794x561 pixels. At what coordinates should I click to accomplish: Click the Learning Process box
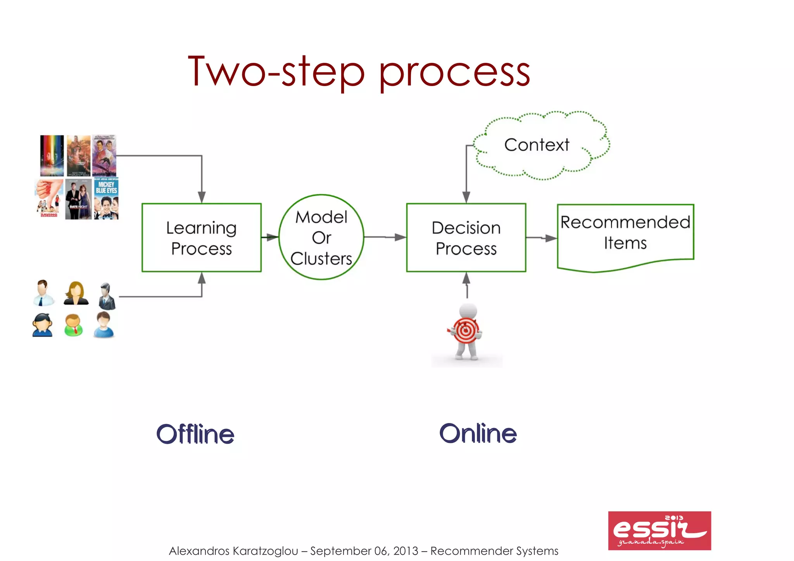click(201, 237)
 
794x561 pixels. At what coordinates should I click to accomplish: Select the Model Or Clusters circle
click(321, 237)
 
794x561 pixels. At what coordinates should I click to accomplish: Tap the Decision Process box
click(466, 237)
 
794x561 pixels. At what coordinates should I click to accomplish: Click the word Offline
click(195, 434)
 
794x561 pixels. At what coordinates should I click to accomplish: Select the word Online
click(478, 433)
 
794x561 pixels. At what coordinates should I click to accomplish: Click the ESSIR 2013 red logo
click(659, 530)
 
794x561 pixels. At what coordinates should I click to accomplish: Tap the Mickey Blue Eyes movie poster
click(106, 199)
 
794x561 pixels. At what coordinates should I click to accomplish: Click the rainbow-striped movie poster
click(52, 155)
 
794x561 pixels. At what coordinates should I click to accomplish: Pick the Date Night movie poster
click(79, 199)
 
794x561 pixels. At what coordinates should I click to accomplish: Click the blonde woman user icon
click(76, 293)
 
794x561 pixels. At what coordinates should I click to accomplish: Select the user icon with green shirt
click(73, 325)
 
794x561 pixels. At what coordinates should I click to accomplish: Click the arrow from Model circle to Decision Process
click(385, 237)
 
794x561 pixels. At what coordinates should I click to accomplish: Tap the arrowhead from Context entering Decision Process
click(466, 197)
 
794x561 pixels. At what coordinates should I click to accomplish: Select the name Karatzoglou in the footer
click(266, 551)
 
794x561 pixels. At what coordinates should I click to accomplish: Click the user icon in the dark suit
click(107, 297)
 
